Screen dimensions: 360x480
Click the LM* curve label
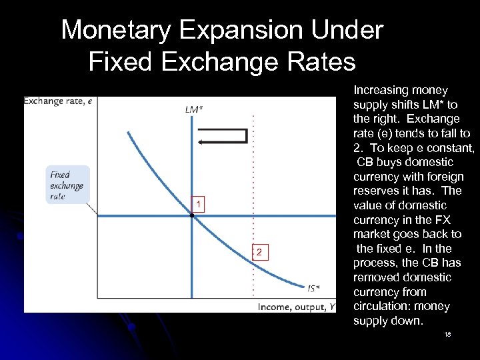click(x=194, y=110)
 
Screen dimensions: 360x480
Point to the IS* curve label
click(x=313, y=288)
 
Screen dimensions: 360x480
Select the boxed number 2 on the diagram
click(x=260, y=251)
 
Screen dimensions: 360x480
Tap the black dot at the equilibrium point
click(x=192, y=215)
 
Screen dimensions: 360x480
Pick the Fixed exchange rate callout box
click(x=67, y=185)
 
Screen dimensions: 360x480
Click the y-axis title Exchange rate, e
click(x=58, y=101)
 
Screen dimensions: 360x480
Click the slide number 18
click(x=447, y=334)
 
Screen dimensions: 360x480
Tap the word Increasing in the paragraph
click(x=381, y=90)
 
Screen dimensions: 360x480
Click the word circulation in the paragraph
click(x=383, y=307)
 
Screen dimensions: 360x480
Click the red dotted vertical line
click(x=252, y=200)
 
